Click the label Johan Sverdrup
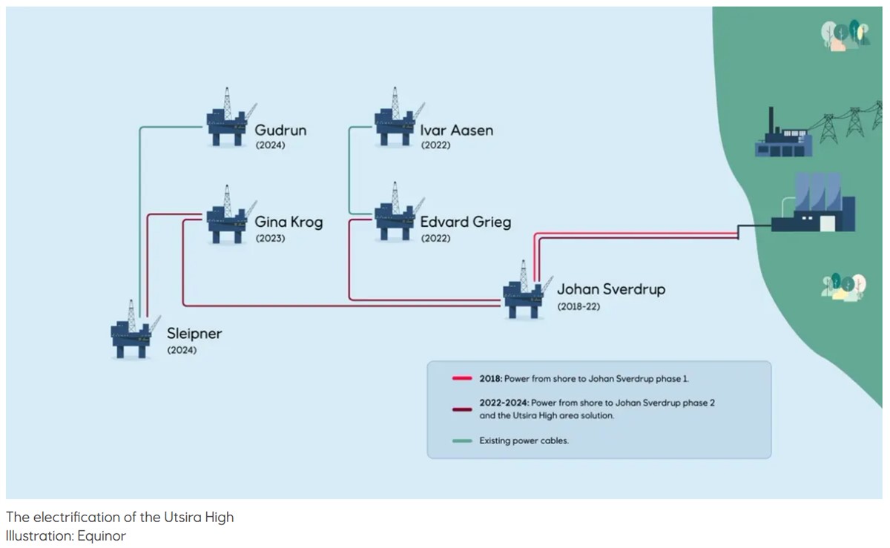pyautogui.click(x=611, y=289)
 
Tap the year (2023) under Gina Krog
pyautogui.click(x=270, y=238)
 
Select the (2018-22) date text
pyautogui.click(x=578, y=306)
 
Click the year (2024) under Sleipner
pyautogui.click(x=182, y=350)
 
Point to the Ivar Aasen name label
pyautogui.click(x=457, y=130)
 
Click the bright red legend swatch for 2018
pyautogui.click(x=462, y=378)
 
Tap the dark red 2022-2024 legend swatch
pyautogui.click(x=462, y=409)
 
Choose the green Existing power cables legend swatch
pyautogui.click(x=462, y=440)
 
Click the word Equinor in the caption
pyautogui.click(x=102, y=535)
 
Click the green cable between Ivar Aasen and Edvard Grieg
pyautogui.click(x=349, y=171)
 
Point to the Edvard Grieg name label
pyautogui.click(x=466, y=222)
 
